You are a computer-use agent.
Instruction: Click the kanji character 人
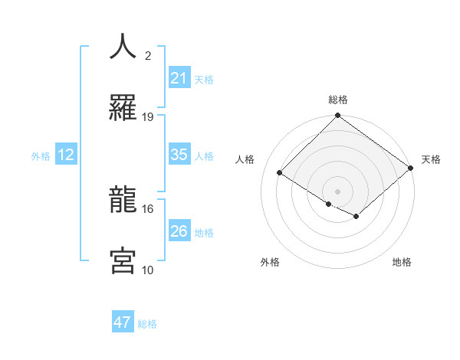[123, 47]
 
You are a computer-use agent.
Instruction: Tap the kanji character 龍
[123, 200]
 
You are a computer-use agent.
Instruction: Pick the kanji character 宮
[123, 261]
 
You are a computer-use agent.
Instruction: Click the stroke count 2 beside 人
[148, 55]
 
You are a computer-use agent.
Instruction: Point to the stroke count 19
[148, 116]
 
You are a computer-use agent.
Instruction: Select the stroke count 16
[148, 208]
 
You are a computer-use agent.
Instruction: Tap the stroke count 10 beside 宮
[148, 270]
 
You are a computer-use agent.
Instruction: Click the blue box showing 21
[179, 78]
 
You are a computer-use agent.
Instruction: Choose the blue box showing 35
[179, 155]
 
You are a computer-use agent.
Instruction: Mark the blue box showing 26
[179, 231]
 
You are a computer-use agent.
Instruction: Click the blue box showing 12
[66, 155]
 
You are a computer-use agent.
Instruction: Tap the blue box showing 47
[123, 322]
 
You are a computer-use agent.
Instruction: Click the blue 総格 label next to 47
[147, 324]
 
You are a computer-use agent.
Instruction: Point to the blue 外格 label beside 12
[41, 155]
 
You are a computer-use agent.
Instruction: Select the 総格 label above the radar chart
[337, 100]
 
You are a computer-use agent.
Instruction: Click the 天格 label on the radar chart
[431, 159]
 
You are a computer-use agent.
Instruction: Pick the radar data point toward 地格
[356, 218]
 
